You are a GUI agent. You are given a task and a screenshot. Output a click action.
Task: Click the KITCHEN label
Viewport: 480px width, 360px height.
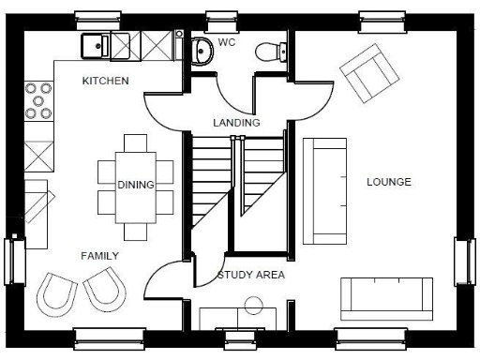[105, 82]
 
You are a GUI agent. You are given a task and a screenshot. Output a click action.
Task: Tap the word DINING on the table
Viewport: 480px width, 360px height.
[136, 185]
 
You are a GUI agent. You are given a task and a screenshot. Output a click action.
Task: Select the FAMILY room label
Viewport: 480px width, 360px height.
[99, 255]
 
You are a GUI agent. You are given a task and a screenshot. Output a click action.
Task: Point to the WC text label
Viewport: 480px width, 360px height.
[227, 43]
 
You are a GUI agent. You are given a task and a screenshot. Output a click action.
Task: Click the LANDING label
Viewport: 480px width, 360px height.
[236, 123]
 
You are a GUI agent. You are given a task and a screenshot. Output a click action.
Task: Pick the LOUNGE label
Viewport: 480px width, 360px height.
[388, 182]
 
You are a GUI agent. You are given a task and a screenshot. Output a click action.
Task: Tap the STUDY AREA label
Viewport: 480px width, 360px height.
[250, 276]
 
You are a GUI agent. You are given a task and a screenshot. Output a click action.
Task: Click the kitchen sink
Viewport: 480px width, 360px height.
[95, 44]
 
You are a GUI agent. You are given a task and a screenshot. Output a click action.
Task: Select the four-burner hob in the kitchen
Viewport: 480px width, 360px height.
[39, 100]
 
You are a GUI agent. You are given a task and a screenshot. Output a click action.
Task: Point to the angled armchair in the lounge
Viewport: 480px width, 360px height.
[367, 75]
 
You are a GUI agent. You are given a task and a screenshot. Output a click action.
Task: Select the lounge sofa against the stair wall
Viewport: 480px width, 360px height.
[324, 190]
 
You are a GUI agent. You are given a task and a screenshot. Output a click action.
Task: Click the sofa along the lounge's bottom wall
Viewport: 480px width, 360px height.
[385, 299]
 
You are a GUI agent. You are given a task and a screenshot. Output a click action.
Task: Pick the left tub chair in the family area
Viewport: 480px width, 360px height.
[56, 292]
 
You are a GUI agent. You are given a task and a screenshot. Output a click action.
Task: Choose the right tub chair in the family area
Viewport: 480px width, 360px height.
[103, 289]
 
